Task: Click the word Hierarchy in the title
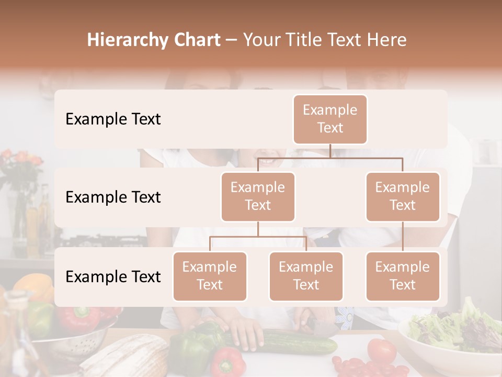[x=127, y=40]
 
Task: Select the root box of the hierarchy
[x=330, y=119]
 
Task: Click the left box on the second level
[x=258, y=196]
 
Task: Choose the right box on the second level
[x=403, y=196]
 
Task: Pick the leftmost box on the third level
[x=210, y=276]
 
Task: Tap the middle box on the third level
[x=306, y=276]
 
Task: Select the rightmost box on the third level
[x=403, y=276]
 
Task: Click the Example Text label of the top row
[x=113, y=119]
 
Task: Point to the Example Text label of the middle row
[x=113, y=197]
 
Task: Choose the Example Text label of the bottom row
[x=113, y=277]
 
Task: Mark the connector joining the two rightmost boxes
[x=403, y=237]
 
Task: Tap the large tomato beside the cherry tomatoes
[x=381, y=350]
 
